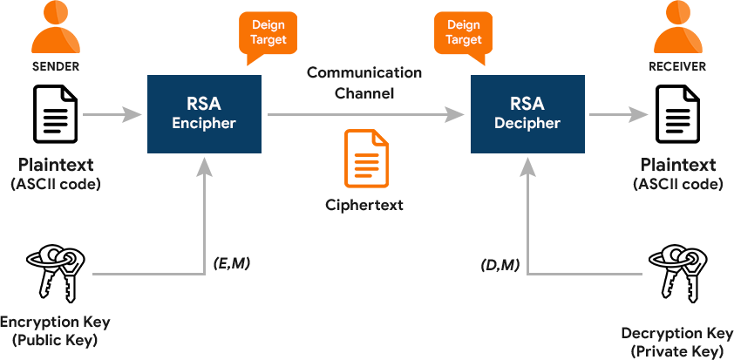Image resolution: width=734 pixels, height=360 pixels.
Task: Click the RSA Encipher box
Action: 204,114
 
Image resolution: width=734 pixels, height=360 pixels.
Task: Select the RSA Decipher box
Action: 527,114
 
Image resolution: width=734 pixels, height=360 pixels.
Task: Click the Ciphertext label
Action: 364,206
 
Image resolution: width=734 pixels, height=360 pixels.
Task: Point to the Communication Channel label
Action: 364,82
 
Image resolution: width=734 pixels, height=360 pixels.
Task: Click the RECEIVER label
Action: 677,66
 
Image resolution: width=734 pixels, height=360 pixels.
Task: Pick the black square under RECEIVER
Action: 677,114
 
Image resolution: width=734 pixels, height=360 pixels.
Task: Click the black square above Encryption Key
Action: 56,274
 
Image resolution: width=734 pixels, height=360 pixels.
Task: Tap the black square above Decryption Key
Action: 677,274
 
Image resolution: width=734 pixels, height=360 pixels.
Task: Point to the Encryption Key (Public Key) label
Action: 54,331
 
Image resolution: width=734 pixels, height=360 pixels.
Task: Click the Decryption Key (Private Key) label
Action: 677,343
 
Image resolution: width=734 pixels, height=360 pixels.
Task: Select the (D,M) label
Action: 500,264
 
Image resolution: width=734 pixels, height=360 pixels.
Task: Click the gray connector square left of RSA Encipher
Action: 132,114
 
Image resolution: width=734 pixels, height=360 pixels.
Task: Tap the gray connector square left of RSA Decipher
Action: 455,114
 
